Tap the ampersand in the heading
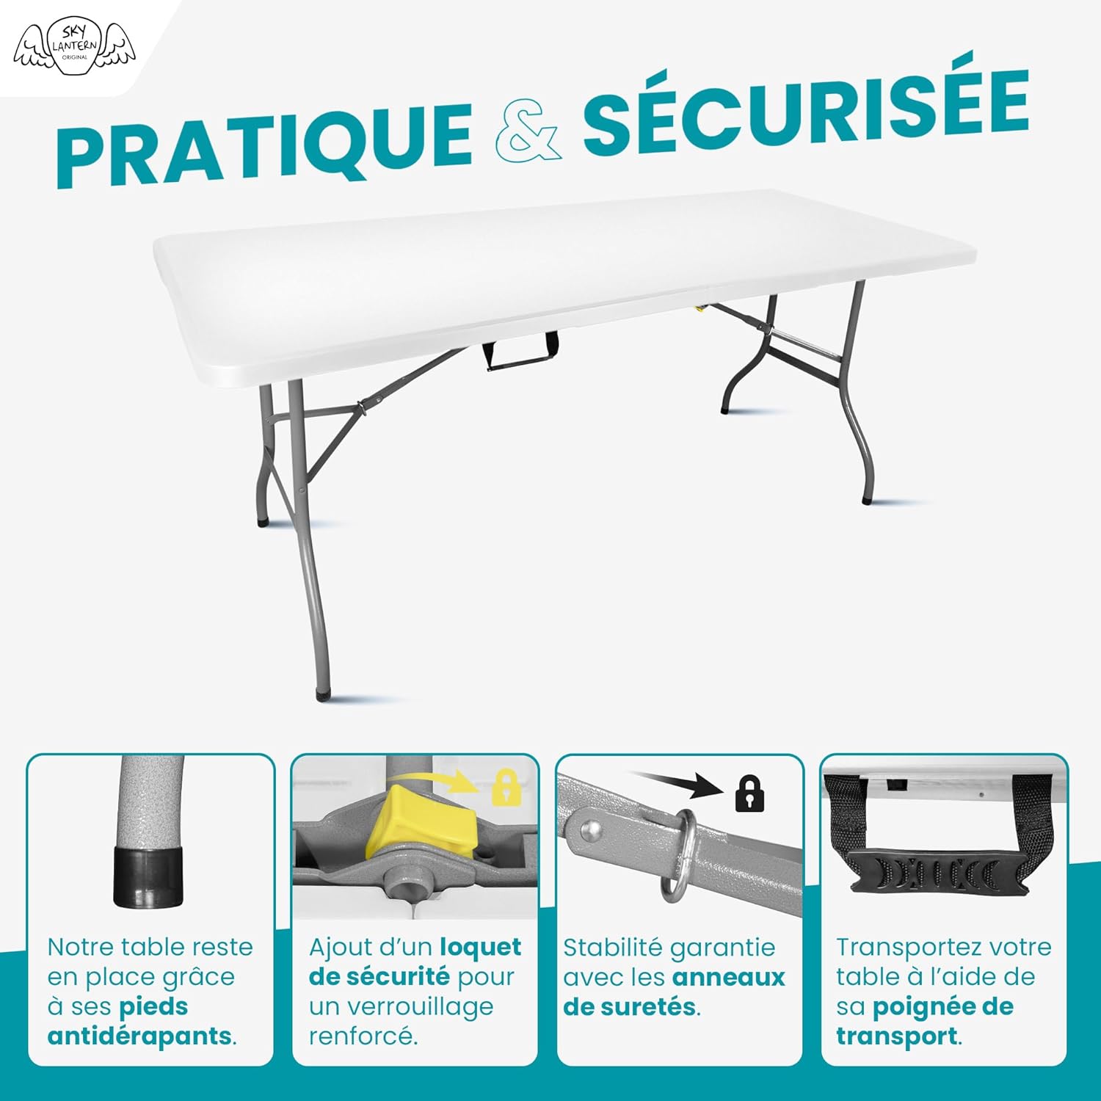tap(528, 132)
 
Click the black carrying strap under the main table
tap(520, 352)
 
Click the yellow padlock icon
tap(506, 788)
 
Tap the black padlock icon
tap(749, 793)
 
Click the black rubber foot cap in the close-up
tap(148, 876)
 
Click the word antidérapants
tap(140, 1036)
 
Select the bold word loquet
tap(481, 947)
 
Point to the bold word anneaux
tap(729, 977)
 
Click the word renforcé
tap(363, 1036)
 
